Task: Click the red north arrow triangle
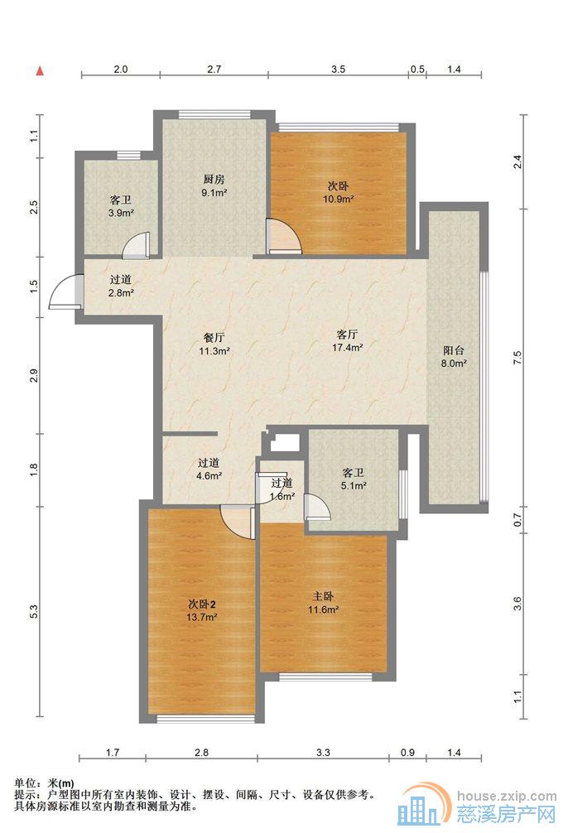point(39,70)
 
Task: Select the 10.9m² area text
point(339,200)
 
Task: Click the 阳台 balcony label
point(454,350)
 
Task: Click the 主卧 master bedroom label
point(324,596)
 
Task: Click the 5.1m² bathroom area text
point(354,485)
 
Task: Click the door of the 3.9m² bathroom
point(137,247)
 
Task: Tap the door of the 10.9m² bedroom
point(284,237)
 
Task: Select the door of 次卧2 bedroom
point(238,522)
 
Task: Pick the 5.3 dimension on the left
point(35,611)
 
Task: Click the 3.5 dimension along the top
point(339,69)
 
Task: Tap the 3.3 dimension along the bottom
point(324,752)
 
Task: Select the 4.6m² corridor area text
point(209,476)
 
